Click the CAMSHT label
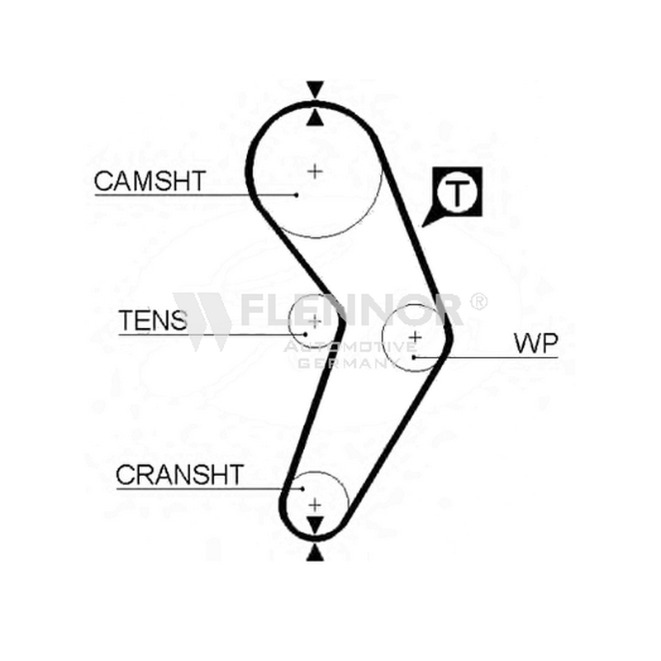(x=150, y=181)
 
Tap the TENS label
(x=153, y=320)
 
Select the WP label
(x=536, y=343)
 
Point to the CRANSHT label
(x=180, y=474)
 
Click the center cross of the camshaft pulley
(x=315, y=171)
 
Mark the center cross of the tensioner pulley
(x=315, y=321)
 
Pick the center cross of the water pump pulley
(x=416, y=337)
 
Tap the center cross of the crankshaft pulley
(x=315, y=505)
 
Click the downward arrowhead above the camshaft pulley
(x=315, y=89)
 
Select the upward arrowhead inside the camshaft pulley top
(x=315, y=117)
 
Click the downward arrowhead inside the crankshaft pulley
(x=315, y=525)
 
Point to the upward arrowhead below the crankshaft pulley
(x=315, y=553)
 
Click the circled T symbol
(x=457, y=193)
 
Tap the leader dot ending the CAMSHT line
(x=297, y=195)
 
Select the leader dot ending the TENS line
(x=305, y=335)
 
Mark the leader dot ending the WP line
(x=415, y=358)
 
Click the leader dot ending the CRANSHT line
(x=302, y=488)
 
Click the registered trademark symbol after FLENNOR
(x=478, y=302)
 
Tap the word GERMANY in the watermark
(x=345, y=363)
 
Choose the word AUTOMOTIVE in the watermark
(x=350, y=347)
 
